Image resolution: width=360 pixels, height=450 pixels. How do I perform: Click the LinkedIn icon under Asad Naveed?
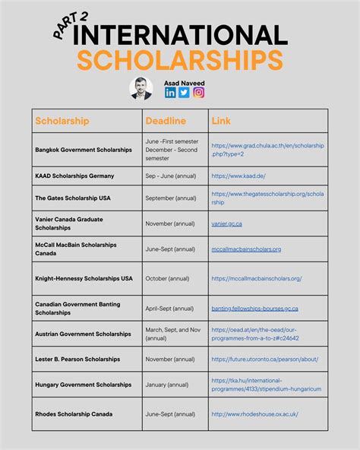point(170,93)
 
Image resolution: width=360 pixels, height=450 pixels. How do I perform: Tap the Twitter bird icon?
point(184,93)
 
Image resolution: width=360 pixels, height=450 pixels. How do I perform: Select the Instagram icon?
point(198,93)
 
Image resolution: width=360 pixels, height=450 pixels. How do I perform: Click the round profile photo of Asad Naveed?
point(141,89)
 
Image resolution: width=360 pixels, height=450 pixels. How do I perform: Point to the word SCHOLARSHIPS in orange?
point(179,60)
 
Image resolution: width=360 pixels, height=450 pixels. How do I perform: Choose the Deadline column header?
point(165,121)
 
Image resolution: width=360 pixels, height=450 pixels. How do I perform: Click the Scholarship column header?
point(62,121)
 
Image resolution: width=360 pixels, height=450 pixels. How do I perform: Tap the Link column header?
point(221,121)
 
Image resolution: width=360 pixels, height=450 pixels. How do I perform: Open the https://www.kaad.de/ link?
point(238,176)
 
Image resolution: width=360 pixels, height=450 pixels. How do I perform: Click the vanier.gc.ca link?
point(228,223)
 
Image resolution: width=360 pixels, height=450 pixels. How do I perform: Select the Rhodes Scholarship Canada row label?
point(74,414)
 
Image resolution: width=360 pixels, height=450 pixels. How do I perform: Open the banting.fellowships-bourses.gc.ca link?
point(254,309)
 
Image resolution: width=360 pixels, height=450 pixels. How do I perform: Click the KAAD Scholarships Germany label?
point(74,176)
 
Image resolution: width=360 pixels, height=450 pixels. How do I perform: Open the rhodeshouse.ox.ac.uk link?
point(254,414)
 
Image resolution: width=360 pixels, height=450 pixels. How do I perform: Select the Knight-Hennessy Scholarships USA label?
point(84,279)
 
